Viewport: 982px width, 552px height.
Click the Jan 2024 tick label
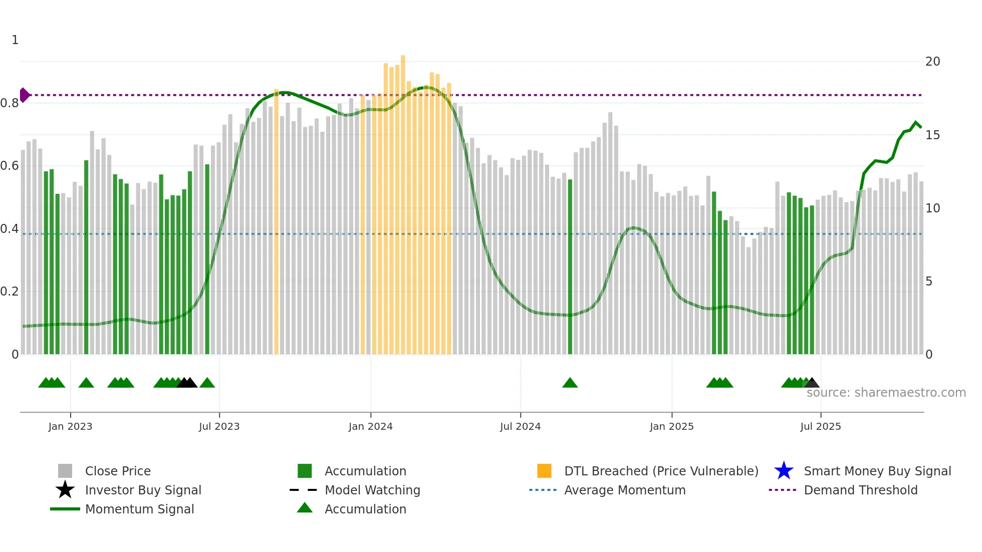point(370,426)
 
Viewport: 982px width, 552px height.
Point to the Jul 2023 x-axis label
point(219,426)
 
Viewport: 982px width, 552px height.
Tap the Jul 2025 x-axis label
point(820,426)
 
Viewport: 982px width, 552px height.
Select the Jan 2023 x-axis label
point(70,426)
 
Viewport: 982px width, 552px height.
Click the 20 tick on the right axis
point(932,62)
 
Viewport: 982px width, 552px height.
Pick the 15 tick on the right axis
point(932,135)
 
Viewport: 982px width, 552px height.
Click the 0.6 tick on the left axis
point(10,166)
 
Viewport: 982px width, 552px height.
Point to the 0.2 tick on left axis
point(10,292)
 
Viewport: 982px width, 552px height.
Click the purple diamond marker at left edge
point(25,95)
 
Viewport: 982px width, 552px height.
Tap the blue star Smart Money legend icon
point(784,471)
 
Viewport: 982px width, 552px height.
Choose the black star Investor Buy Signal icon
point(65,490)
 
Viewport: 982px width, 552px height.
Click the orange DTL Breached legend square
point(544,471)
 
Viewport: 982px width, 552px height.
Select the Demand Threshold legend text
point(860,490)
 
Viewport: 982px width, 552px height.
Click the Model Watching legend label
point(372,490)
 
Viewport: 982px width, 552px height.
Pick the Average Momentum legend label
point(625,490)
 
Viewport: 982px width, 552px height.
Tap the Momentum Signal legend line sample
point(65,509)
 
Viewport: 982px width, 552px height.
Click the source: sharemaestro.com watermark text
point(886,393)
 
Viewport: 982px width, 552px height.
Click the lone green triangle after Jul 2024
point(570,383)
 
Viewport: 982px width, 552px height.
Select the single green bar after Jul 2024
point(570,265)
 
